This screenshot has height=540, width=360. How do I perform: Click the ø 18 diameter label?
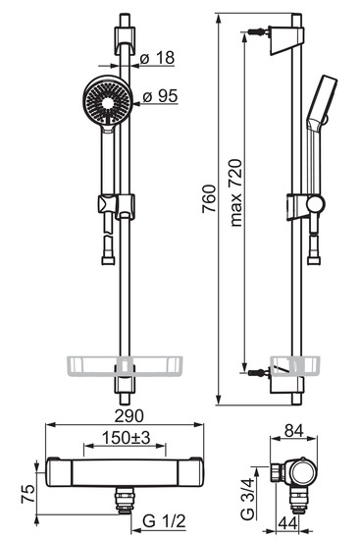pos(158,58)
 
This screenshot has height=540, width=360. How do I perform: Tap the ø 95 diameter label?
pos(160,96)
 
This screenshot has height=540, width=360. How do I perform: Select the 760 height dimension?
pos(209,198)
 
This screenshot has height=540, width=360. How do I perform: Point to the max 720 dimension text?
pos(236,192)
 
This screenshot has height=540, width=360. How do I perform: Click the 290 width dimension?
pos(129,416)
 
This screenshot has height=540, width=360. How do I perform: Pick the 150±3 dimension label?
pos(127,438)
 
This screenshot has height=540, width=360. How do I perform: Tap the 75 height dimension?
pos(28,494)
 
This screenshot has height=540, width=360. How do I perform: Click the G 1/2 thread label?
pos(164,521)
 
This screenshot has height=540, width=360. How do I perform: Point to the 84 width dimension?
pos(293,430)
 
